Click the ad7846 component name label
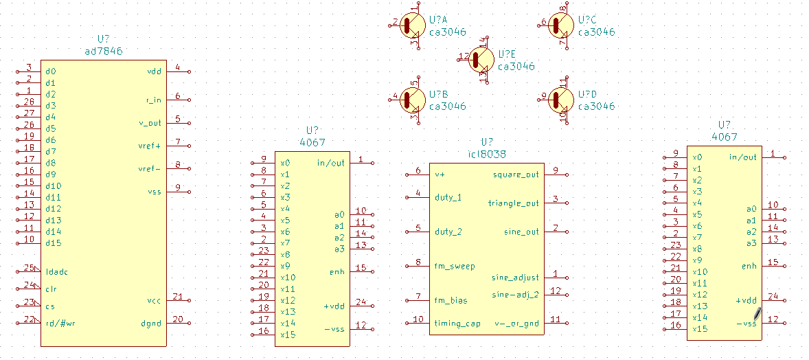point(104,51)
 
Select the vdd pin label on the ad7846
point(155,71)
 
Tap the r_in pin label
point(154,100)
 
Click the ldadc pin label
point(56,271)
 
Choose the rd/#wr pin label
point(60,323)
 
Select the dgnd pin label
point(151,323)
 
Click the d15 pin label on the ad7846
point(53,243)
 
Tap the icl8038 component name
point(486,155)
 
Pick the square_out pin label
point(516,175)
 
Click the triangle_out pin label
point(513,203)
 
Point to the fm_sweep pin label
point(455,266)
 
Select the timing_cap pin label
point(457,324)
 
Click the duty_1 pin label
point(448,197)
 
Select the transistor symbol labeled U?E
point(481,60)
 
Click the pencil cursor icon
point(757,313)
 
